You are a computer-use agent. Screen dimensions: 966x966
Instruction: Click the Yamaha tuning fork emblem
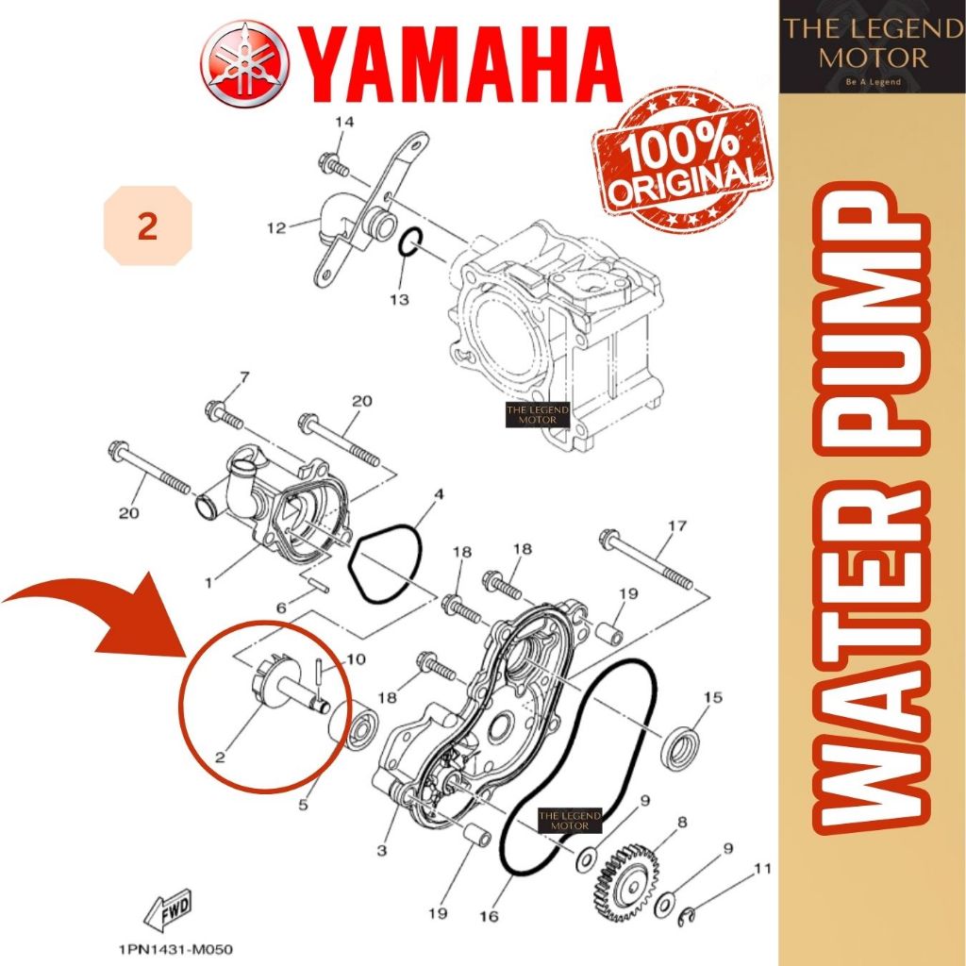[244, 64]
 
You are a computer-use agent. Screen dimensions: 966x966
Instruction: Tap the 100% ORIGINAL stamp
[681, 160]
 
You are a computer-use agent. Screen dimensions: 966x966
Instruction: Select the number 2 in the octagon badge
[148, 226]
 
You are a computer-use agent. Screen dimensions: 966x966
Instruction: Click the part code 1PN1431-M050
[175, 949]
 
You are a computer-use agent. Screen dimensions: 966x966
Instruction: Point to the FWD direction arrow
[168, 910]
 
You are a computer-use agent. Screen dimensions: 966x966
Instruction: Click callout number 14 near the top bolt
[344, 122]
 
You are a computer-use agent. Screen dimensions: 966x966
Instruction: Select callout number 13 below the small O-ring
[399, 299]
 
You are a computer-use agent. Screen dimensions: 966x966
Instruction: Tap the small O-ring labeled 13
[410, 242]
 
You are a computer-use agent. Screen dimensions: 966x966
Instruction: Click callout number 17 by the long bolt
[676, 526]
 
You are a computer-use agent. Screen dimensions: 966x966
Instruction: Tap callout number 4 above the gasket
[439, 494]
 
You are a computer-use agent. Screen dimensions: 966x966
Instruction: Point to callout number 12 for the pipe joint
[276, 228]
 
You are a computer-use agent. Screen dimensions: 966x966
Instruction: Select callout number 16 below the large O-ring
[488, 916]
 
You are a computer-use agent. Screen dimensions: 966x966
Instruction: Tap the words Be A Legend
[873, 81]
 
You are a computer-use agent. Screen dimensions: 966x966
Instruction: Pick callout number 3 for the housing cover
[382, 851]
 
